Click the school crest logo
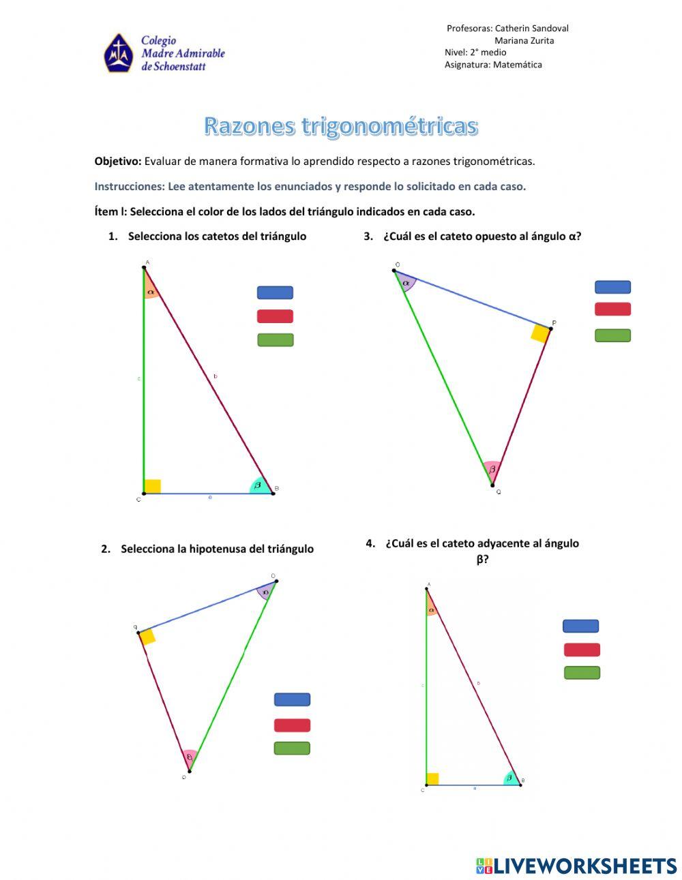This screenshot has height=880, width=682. click(x=118, y=53)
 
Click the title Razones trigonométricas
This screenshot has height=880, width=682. click(x=341, y=126)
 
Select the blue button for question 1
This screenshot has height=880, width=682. click(x=275, y=292)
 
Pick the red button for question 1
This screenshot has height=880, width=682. click(x=275, y=316)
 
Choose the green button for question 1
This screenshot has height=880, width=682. click(x=275, y=339)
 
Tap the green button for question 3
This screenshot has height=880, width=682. click(x=612, y=335)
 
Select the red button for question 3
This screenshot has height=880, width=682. click(x=612, y=309)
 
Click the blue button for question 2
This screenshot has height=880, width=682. click(x=292, y=699)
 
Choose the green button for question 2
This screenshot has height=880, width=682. click(x=292, y=748)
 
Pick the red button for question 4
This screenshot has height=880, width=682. click(x=582, y=650)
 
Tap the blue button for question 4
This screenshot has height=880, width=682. click(x=580, y=626)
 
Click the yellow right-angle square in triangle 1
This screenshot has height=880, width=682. click(x=153, y=486)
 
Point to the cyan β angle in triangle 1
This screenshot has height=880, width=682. click(x=259, y=485)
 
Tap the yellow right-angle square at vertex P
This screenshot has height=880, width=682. click(x=540, y=333)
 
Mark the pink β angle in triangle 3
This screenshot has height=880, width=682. click(x=492, y=469)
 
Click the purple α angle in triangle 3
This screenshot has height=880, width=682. click(x=407, y=282)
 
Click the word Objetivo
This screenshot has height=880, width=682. click(x=117, y=162)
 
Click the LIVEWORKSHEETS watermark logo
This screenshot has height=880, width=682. click(x=576, y=866)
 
